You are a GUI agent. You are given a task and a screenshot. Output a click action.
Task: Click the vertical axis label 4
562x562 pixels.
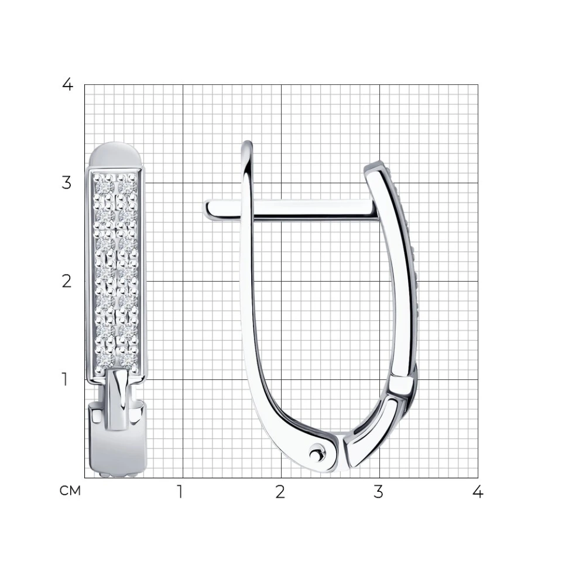(68, 85)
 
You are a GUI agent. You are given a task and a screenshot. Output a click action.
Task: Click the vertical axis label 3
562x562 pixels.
(67, 183)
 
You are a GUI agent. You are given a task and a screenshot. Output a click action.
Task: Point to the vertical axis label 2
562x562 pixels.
(67, 282)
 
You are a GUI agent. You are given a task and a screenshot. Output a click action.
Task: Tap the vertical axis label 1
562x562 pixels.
(65, 379)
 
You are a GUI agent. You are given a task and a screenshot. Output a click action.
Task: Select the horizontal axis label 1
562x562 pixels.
(180, 492)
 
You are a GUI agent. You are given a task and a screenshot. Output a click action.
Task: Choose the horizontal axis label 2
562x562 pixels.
(280, 492)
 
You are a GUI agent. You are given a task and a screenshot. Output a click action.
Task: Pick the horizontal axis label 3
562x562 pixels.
(379, 492)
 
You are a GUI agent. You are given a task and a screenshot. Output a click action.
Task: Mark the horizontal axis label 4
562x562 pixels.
(478, 492)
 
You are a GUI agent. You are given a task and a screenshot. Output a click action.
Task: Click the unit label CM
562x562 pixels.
(70, 491)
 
